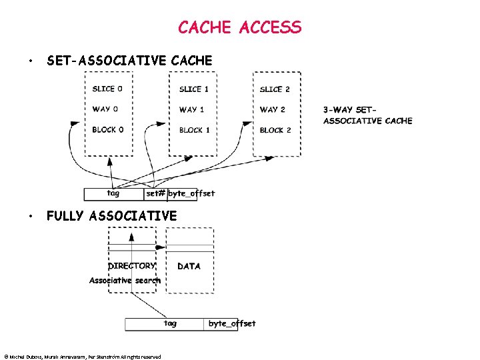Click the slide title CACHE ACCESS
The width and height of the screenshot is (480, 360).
[x=239, y=27]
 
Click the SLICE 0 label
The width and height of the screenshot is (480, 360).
[x=107, y=89]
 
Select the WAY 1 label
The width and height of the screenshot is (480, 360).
[x=191, y=109]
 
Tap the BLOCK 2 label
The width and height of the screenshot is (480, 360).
[x=275, y=130]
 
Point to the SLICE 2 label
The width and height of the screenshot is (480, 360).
[x=275, y=89]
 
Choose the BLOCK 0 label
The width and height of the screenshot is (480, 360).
[x=108, y=129]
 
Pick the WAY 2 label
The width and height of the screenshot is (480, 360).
[x=273, y=109]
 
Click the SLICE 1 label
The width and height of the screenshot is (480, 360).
[x=193, y=89]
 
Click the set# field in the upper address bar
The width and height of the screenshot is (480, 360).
[x=155, y=194]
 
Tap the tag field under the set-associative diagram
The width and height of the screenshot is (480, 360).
[x=113, y=194]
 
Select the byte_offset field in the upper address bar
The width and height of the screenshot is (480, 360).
[x=191, y=194]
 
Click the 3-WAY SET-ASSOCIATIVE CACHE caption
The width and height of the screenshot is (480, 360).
[x=367, y=115]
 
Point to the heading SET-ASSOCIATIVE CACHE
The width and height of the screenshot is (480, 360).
[x=129, y=61]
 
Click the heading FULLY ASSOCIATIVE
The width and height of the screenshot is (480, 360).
[x=111, y=215]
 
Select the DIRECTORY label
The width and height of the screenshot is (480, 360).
[x=132, y=265]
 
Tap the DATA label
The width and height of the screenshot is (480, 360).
[x=189, y=266]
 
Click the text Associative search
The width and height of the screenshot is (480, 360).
[x=125, y=281]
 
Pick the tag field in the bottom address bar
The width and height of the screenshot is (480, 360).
[x=170, y=324]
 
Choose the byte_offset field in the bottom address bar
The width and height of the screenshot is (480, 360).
[x=231, y=324]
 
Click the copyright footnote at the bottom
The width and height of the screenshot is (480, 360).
[x=82, y=357]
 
